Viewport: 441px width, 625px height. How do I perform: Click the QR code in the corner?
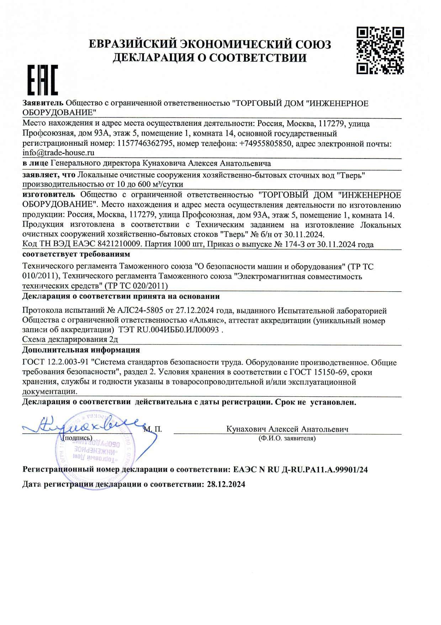click(380, 50)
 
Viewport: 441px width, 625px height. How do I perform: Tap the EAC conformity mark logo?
click(43, 80)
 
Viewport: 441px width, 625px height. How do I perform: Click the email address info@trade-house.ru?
click(58, 153)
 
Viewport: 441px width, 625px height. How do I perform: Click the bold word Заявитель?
click(43, 103)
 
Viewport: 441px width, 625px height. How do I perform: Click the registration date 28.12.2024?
click(226, 484)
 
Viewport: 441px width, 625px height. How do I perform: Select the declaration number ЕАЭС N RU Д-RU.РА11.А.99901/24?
click(301, 469)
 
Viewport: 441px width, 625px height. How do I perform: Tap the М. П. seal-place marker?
click(153, 429)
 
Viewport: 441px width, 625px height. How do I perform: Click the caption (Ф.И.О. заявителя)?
click(287, 438)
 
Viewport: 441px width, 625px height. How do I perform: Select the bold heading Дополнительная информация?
click(81, 350)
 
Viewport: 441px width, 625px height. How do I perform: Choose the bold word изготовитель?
click(49, 194)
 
